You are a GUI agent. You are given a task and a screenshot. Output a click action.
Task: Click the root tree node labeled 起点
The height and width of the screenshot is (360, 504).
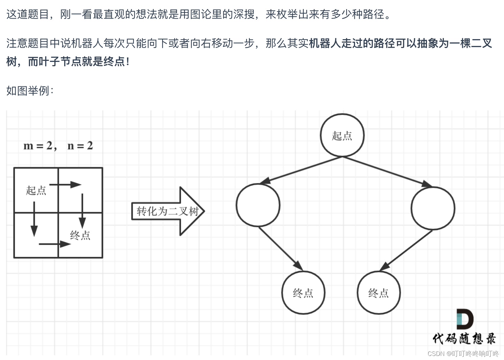coord(342,135)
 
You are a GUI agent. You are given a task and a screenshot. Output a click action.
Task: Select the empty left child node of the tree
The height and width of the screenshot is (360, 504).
coord(258,205)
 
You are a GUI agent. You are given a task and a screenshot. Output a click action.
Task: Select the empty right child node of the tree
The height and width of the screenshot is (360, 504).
coord(433,208)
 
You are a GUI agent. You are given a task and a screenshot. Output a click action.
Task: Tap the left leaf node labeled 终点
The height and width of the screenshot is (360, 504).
coord(303,292)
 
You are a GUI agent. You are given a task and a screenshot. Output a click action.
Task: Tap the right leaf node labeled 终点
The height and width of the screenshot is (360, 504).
coord(378,292)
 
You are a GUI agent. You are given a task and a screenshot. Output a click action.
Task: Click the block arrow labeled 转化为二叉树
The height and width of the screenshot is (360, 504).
coord(168,211)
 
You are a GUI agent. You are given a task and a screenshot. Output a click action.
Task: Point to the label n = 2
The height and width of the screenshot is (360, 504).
coord(80,146)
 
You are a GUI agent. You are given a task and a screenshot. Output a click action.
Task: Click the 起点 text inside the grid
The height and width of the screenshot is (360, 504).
coord(36,190)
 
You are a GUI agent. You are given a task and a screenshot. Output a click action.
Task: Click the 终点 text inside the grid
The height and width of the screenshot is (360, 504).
coord(80,235)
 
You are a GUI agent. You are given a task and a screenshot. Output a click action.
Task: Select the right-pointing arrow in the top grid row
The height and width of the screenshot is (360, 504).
coord(66,185)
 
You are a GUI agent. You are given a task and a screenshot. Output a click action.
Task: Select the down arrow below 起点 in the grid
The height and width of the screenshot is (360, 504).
coord(34,219)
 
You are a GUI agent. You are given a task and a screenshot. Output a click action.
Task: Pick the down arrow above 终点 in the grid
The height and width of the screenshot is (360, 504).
coord(82,211)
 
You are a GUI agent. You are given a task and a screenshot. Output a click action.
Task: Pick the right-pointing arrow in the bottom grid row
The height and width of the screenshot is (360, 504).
coord(55,244)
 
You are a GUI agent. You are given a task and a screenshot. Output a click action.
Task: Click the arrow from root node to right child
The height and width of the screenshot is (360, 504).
coord(387,171)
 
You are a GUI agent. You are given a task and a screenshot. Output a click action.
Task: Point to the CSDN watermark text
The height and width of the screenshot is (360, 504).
coord(463,354)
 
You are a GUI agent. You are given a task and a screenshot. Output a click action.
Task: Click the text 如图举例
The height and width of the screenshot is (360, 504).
coord(30,91)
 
